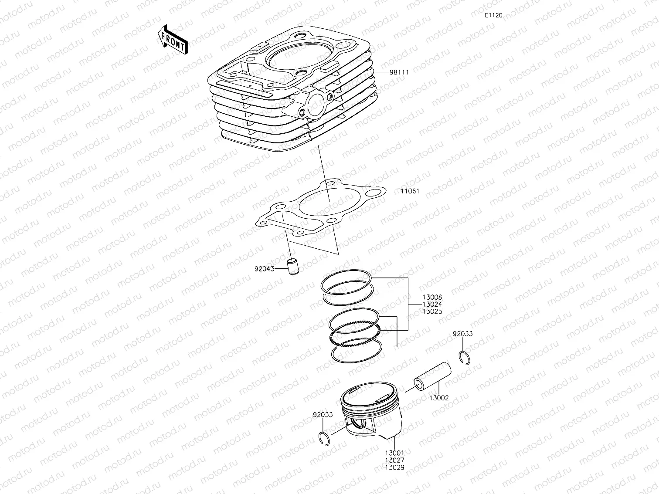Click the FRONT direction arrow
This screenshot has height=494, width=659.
click(173, 39)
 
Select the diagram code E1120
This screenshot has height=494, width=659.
click(493, 15)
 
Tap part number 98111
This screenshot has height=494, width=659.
click(399, 72)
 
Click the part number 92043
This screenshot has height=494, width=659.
click(264, 269)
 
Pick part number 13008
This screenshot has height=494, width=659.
click(432, 297)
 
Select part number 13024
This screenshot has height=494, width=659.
click(432, 305)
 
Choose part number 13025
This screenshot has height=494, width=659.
click(432, 312)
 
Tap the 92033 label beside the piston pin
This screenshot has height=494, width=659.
click(462, 334)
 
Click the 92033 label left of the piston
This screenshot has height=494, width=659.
click(323, 415)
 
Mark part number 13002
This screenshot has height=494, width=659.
click(438, 398)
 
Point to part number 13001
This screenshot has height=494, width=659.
click(394, 453)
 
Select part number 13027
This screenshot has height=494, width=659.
click(394, 460)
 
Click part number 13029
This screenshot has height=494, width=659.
click(394, 467)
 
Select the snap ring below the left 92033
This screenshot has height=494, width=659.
click(324, 437)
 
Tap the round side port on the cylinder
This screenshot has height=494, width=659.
click(316, 104)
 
